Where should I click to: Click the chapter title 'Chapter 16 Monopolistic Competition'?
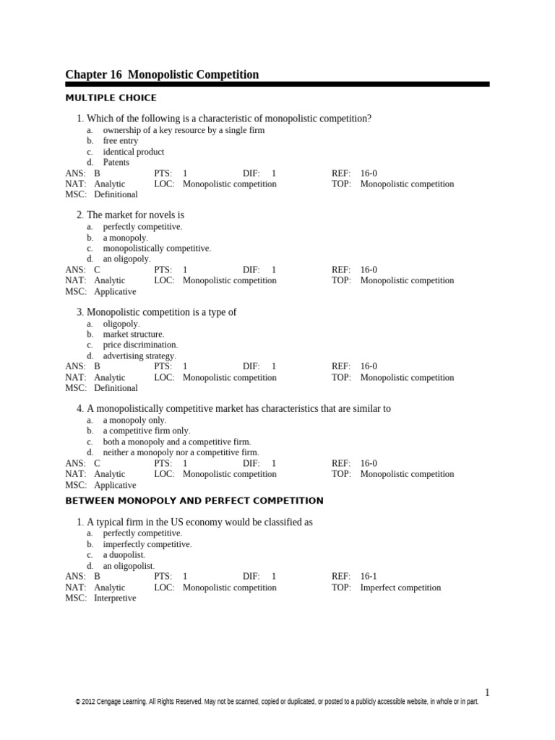(162, 74)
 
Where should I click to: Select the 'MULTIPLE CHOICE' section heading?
(111, 98)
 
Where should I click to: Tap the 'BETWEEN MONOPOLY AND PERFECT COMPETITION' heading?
(194, 501)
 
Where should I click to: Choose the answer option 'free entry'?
(120, 141)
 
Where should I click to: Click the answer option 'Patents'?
(116, 163)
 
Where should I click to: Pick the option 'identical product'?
(134, 152)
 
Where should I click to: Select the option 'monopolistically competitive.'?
(157, 248)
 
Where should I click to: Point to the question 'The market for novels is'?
(135, 215)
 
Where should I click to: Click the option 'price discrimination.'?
(140, 345)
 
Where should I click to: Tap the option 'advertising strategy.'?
(139, 356)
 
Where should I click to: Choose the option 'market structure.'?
(134, 334)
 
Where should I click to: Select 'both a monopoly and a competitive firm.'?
(177, 442)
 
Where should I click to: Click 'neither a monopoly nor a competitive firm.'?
(181, 452)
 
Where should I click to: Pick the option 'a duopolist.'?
(124, 555)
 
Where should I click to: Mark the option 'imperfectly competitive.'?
(147, 544)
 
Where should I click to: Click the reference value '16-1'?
(369, 577)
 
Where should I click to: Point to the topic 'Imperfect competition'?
(401, 588)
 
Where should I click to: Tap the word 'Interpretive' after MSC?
(115, 598)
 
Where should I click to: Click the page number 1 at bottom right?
(487, 692)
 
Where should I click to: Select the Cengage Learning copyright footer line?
(277, 702)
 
